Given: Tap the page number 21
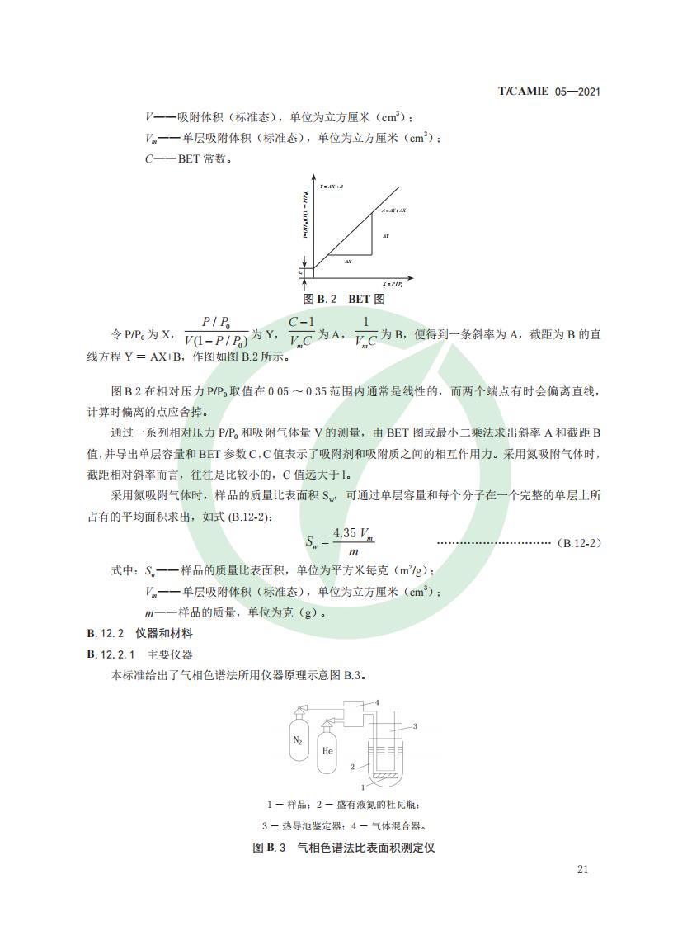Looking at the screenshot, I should pos(583,869).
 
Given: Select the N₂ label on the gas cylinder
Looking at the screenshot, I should pos(299,740).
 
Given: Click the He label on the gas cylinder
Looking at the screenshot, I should pos(327,750).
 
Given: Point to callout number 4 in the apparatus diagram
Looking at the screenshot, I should pos(377,702).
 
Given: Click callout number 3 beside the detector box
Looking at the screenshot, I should pos(415,726).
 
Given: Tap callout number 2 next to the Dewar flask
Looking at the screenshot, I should pos(352,767).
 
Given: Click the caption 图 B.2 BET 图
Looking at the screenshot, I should pos(344,298).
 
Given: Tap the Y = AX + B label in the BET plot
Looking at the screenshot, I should pos(332,187).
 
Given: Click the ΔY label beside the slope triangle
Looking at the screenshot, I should pos(385,236).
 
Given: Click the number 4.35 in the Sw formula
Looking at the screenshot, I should pos(346,533).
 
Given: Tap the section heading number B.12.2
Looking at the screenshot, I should pos(105,634).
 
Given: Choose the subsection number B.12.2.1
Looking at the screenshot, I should pos(111,654).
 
